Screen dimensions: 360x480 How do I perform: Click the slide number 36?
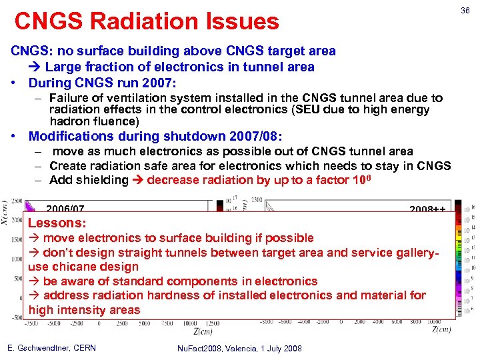(465, 10)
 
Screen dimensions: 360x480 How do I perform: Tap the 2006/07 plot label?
(65, 210)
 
